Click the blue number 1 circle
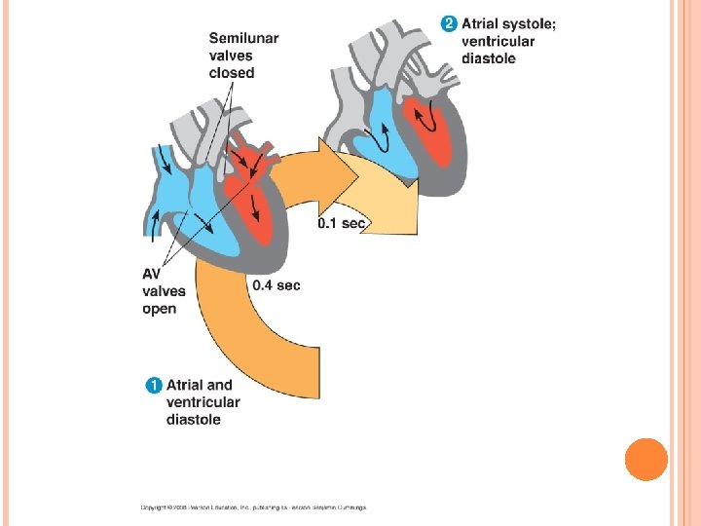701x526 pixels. point(154,385)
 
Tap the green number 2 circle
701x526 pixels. point(449,23)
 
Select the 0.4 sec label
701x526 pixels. point(276,285)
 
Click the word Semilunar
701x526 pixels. point(243,38)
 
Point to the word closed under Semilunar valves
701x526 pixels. point(232,73)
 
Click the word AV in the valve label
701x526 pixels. point(152,274)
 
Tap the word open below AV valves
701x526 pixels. point(160,309)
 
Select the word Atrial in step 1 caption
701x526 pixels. point(187,385)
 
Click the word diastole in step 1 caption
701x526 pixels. point(193,420)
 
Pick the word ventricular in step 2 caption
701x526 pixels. point(497,41)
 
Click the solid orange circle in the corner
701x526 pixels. point(646,460)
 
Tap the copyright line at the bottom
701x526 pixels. point(253,507)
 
